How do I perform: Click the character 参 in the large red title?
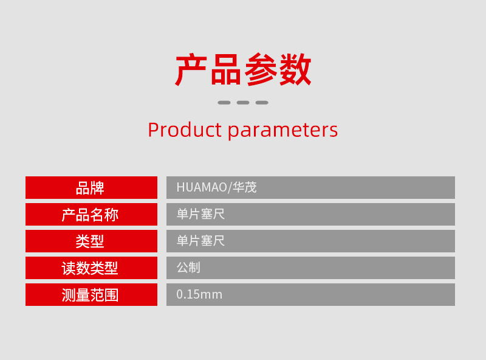pos(261,69)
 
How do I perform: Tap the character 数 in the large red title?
pos(295,69)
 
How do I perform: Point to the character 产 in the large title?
pos(191,69)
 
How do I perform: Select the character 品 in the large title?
pos(226,70)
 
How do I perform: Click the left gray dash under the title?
pos(224,102)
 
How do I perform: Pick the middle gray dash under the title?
pos(243,102)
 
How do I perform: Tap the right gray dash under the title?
pos(262,102)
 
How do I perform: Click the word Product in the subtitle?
pos(185,130)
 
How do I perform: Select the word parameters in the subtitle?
pos(282,131)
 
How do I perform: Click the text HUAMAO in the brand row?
pos(202,187)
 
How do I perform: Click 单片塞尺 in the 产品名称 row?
pos(200,214)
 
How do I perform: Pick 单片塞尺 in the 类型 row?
pos(200,241)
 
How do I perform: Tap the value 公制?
pos(188,268)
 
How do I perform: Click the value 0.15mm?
pos(199,294)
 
